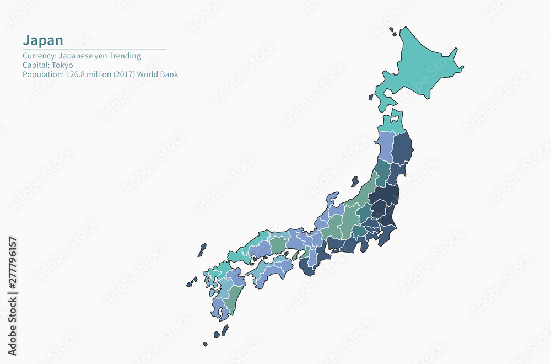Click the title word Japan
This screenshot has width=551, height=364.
[42, 40]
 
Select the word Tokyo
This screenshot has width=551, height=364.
[62, 65]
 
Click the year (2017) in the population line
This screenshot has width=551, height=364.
[123, 74]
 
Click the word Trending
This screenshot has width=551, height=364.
[125, 56]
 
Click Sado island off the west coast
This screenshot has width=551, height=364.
[355, 181]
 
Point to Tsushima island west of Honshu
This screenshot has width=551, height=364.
[202, 250]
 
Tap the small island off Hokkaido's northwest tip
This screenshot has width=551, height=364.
[392, 31]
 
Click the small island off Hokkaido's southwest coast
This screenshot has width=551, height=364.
[371, 97]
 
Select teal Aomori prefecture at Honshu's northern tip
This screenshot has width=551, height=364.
[393, 124]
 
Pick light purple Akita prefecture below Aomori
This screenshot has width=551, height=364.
[384, 146]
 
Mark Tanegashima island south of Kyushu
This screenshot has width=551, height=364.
[225, 329]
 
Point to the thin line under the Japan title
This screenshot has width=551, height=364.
[94, 49]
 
